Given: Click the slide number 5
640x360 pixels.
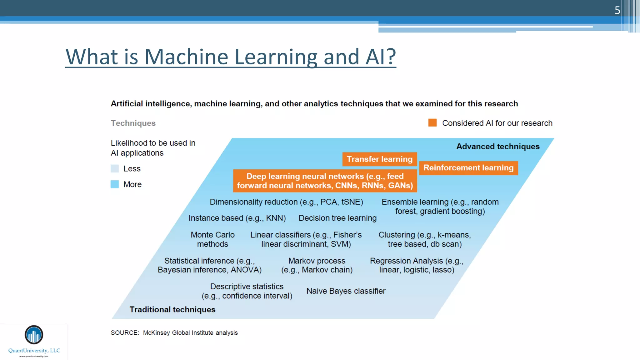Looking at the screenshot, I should pyautogui.click(x=617, y=10).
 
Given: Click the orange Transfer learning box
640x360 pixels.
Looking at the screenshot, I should pyautogui.click(x=379, y=159).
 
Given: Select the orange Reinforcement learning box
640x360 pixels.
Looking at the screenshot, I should pyautogui.click(x=468, y=168).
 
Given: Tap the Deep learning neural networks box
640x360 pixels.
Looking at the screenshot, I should pyautogui.click(x=325, y=181).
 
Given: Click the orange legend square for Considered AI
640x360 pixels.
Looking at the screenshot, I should pyautogui.click(x=432, y=123).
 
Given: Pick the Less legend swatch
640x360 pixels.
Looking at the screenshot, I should pyautogui.click(x=115, y=169).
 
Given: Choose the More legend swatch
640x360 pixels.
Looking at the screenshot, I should pyautogui.click(x=115, y=184).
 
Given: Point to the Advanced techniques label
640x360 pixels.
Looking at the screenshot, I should pyautogui.click(x=498, y=147).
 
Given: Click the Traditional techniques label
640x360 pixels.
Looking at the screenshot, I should pyautogui.click(x=172, y=309).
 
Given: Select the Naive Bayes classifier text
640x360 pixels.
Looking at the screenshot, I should pyautogui.click(x=346, y=291).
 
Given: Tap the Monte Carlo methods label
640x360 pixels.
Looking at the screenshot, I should pyautogui.click(x=212, y=239).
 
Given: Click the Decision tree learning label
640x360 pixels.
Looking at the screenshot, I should pyautogui.click(x=337, y=218).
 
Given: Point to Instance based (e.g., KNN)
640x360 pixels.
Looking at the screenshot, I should pyautogui.click(x=237, y=218).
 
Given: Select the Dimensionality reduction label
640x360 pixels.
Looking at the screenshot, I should pyautogui.click(x=286, y=202).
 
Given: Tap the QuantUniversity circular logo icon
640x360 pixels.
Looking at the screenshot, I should pyautogui.click(x=34, y=335).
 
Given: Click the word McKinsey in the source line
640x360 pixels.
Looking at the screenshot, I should pyautogui.click(x=156, y=333).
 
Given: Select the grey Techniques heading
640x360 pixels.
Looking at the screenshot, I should pyautogui.click(x=133, y=123).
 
